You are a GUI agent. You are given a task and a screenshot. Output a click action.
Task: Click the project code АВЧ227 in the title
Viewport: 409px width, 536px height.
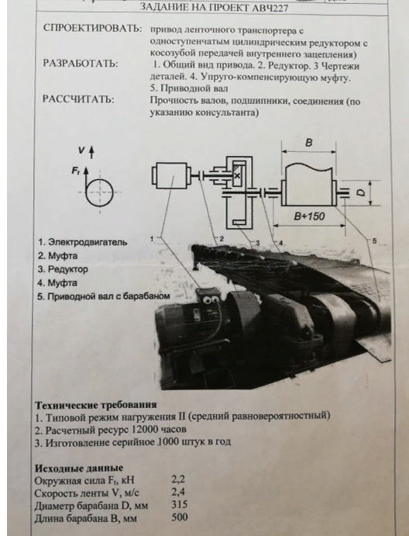[x=269, y=8]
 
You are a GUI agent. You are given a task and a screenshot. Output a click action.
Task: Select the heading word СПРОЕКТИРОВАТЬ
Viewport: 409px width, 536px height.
[x=92, y=28]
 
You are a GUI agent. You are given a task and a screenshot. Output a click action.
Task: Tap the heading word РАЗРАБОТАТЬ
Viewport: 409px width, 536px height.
[x=81, y=64]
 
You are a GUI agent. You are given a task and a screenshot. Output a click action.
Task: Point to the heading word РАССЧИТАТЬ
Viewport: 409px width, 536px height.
[x=78, y=99]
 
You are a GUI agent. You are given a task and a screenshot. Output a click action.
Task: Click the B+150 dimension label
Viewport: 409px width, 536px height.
[x=309, y=216]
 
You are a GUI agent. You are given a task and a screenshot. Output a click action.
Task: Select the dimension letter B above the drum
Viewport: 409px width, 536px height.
[x=308, y=142]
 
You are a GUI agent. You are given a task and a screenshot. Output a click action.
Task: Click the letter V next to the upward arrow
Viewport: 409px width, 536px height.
[x=81, y=150]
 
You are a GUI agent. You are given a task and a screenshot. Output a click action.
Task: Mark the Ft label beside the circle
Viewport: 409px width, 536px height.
[x=75, y=170]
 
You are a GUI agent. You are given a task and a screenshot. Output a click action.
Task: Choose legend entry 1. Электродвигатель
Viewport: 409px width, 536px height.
[x=83, y=242]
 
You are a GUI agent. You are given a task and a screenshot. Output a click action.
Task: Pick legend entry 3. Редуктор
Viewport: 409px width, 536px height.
[x=63, y=269]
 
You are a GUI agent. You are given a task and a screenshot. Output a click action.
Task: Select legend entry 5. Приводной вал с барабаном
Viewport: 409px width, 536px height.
[x=104, y=296]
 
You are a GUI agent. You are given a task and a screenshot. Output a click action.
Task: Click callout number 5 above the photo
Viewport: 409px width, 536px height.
[x=374, y=241]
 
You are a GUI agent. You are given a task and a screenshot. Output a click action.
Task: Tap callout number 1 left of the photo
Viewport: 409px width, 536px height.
[x=152, y=238]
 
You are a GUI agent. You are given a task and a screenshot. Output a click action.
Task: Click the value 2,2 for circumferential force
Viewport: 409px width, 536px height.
[x=178, y=479]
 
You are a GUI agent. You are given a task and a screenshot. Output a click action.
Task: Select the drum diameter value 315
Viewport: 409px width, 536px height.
[x=180, y=504]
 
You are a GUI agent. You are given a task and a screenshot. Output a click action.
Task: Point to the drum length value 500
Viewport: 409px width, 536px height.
[x=180, y=517]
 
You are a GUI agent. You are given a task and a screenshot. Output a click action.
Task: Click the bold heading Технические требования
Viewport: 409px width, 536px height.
[x=96, y=405]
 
